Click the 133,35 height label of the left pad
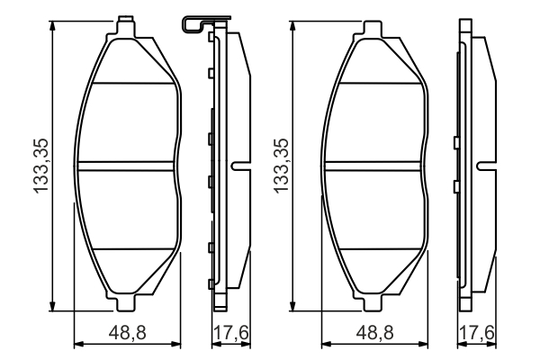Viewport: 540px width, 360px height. point(40,166)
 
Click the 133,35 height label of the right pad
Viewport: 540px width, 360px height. point(281,166)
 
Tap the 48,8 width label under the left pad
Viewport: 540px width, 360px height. point(128,333)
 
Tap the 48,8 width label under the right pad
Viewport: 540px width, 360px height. point(374,333)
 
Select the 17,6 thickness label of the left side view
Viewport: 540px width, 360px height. point(231,333)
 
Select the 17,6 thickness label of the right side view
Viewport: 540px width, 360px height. point(477,333)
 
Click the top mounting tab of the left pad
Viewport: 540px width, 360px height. point(125,27)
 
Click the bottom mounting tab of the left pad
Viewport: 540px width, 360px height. point(125,302)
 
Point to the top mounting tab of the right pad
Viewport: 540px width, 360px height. point(373,29)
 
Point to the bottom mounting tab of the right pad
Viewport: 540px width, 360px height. point(373,302)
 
